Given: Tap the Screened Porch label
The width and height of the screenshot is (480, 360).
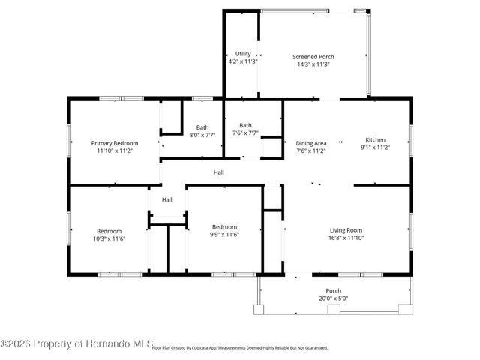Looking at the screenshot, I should point(313,57).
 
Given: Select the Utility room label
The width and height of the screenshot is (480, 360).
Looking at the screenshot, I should point(243,54).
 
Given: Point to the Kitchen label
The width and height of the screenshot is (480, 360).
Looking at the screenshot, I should point(375,140).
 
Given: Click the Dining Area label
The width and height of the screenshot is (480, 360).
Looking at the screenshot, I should point(311,142).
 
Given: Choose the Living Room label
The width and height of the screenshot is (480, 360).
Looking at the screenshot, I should point(346,230).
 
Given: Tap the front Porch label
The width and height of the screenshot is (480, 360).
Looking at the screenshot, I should point(334,290).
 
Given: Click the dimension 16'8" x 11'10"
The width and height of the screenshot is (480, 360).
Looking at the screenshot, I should point(346,238).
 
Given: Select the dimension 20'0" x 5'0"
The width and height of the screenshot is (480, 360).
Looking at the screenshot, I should point(334,298).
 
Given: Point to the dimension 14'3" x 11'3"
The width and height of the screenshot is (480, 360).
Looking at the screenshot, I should point(313,64).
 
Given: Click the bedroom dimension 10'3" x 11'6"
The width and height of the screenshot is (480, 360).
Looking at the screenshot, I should point(109,238).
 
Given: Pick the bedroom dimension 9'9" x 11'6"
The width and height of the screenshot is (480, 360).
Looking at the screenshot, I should point(224,235).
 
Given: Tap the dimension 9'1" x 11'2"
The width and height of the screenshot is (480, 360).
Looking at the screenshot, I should point(375,148).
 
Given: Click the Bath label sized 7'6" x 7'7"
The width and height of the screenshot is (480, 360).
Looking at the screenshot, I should point(245,125).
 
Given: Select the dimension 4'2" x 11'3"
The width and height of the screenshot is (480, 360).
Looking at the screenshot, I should point(243,61).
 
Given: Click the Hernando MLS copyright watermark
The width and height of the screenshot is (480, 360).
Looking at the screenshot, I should point(75,343).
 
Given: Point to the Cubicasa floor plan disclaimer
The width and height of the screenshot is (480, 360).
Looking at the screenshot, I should point(240,348).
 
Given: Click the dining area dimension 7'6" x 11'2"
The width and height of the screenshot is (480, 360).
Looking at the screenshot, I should point(311,151).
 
